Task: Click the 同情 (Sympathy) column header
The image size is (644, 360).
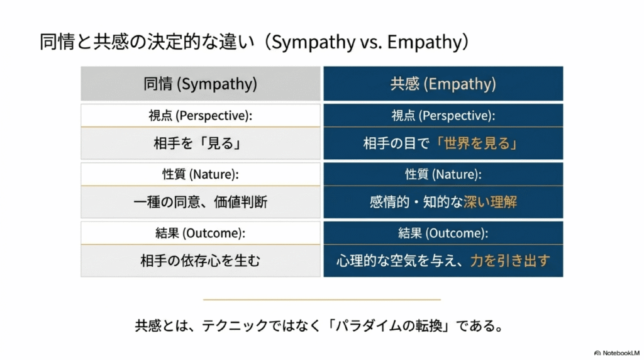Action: [x=201, y=84]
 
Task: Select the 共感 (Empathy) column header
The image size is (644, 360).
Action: [x=443, y=84]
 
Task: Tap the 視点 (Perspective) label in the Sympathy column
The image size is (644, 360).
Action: [x=201, y=115]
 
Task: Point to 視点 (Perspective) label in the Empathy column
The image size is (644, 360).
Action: [x=443, y=115]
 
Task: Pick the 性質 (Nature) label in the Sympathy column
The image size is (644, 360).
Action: [x=201, y=174]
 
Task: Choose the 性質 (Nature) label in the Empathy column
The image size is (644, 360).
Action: [x=443, y=174]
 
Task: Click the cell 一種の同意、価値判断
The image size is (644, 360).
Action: [x=201, y=202]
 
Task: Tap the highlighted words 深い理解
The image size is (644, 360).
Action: [x=491, y=202]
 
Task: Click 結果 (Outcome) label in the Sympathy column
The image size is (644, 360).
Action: [x=201, y=233]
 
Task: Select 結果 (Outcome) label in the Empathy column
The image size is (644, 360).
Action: [x=443, y=233]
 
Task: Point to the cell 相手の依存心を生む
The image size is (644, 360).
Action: [x=201, y=261]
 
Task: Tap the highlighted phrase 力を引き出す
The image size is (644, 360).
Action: [x=510, y=261]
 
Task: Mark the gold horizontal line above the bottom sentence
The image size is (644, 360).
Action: [x=321, y=300]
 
